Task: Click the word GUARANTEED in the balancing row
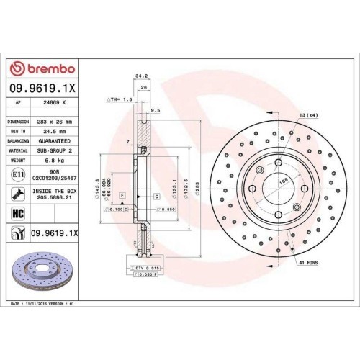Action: tap(58, 141)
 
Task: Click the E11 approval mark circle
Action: tap(17, 174)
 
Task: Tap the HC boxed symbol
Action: tap(18, 212)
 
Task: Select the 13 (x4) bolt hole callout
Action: tap(308, 115)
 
